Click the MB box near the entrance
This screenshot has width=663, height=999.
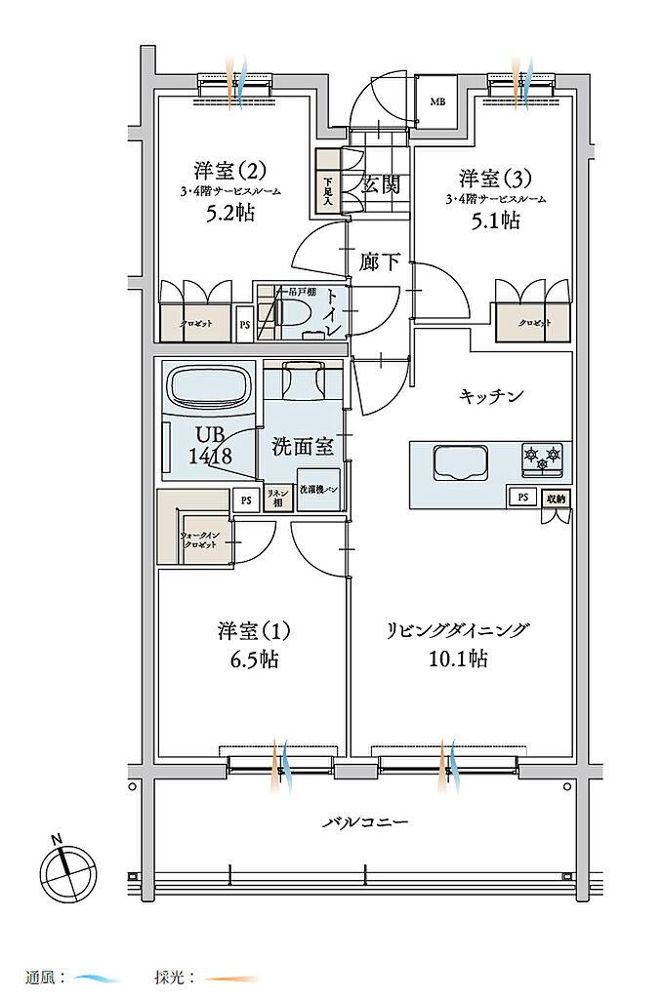(437, 101)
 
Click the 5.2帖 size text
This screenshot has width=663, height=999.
(231, 212)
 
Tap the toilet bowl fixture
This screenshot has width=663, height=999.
(292, 311)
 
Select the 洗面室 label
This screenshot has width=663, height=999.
(303, 447)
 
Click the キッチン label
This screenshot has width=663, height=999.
(492, 396)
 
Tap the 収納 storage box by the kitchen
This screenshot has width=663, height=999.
(556, 499)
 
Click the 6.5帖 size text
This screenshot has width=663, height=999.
(248, 660)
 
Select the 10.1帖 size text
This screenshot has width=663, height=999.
(457, 660)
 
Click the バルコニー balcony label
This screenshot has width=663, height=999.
(366, 822)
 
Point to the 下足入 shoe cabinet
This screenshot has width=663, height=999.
(327, 189)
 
